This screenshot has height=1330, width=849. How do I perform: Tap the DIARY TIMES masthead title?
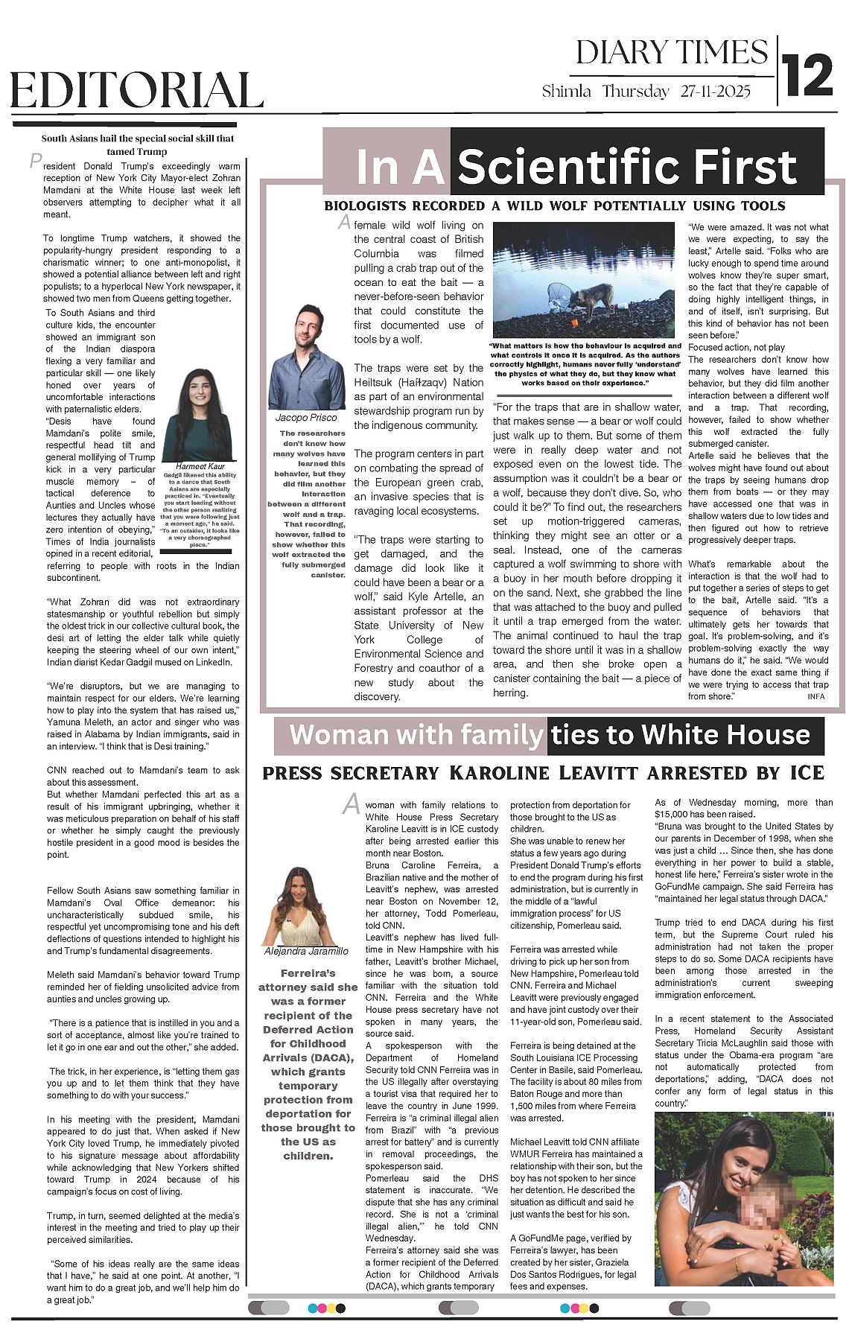click(x=671, y=52)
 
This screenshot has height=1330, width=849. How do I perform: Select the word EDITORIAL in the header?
click(x=137, y=91)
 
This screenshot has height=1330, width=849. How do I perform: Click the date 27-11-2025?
click(x=714, y=92)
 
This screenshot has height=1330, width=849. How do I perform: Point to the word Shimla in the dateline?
click(x=567, y=92)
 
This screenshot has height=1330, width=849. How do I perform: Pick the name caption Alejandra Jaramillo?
click(x=306, y=951)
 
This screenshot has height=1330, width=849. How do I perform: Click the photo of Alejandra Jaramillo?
click(x=305, y=906)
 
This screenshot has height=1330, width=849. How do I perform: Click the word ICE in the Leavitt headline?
click(x=807, y=773)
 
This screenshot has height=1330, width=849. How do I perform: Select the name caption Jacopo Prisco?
click(x=305, y=418)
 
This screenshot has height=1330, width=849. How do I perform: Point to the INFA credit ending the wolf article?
click(x=815, y=696)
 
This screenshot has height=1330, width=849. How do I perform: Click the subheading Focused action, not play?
click(x=737, y=347)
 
